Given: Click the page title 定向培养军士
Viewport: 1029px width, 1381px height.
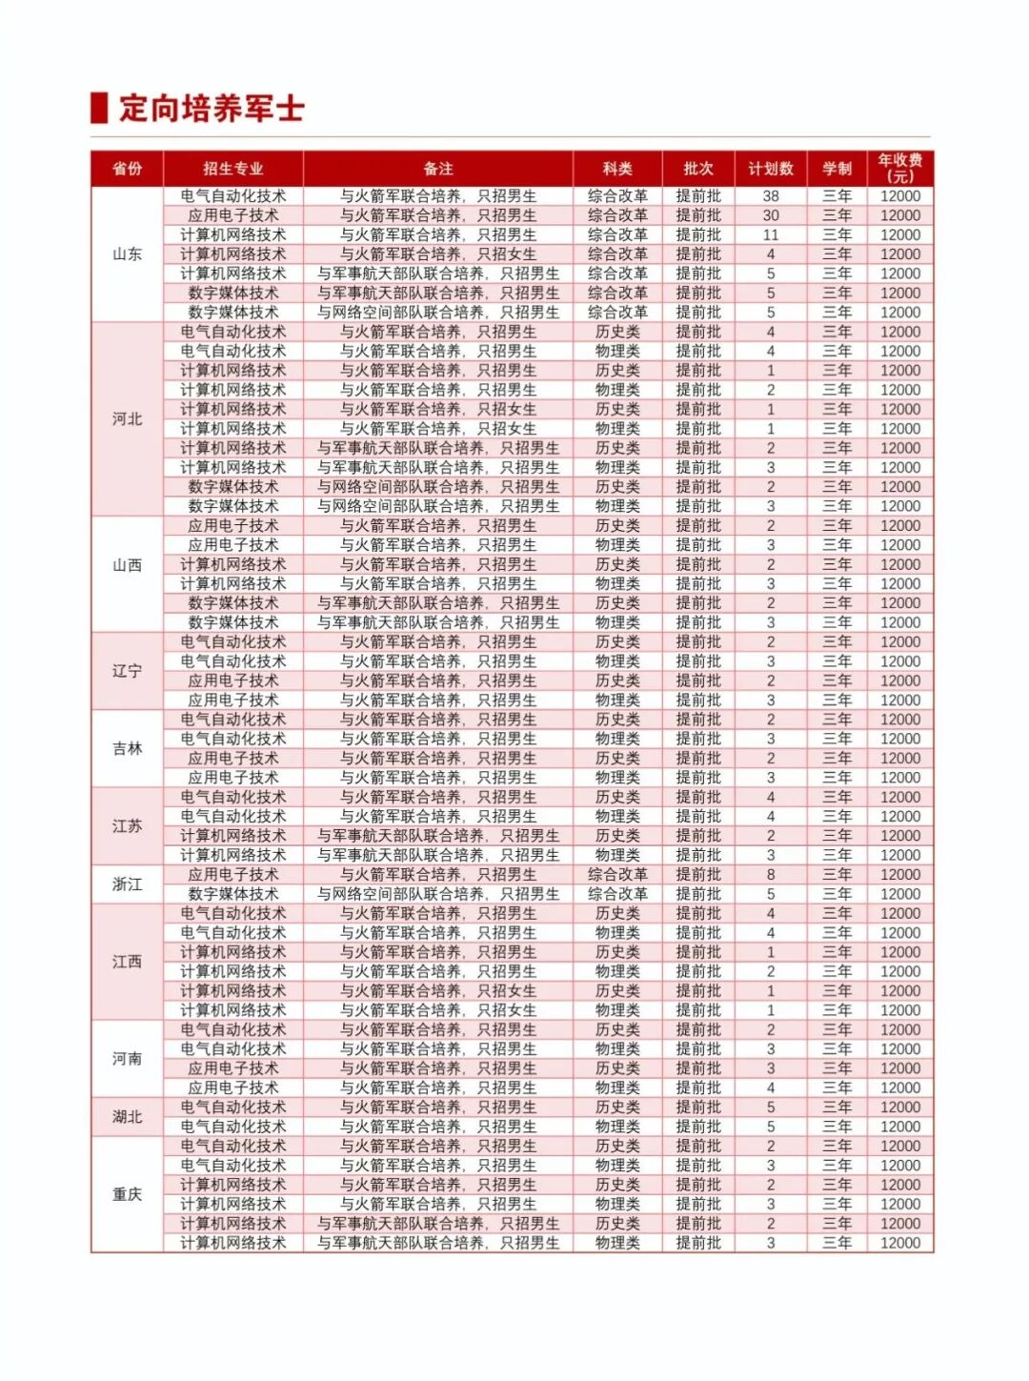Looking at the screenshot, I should click(x=212, y=108).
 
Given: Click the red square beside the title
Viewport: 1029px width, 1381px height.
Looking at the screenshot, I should click(x=99, y=108).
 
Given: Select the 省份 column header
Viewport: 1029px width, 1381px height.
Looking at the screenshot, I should click(x=127, y=169).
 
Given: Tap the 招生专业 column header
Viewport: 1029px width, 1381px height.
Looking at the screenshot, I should click(x=233, y=169).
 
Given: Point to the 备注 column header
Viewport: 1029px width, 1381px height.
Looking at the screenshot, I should click(x=438, y=169).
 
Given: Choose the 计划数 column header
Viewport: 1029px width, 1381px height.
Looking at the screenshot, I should click(x=771, y=169).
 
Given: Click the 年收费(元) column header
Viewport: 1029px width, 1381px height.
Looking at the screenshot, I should click(x=900, y=169).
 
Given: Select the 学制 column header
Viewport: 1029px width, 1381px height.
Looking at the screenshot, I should click(x=837, y=169).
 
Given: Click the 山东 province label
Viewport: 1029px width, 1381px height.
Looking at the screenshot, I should click(x=127, y=254).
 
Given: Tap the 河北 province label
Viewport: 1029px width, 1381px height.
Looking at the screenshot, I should click(x=127, y=419).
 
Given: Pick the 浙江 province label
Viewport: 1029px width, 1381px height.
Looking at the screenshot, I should click(x=127, y=884).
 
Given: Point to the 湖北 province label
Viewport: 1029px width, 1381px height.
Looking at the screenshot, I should click(x=127, y=1117).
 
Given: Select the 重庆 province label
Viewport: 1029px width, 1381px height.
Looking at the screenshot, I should click(x=127, y=1194).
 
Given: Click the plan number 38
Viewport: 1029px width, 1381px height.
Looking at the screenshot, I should click(x=771, y=196).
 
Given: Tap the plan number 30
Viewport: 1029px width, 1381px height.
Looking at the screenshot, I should click(x=771, y=215).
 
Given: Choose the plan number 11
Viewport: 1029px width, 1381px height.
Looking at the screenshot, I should click(x=771, y=234).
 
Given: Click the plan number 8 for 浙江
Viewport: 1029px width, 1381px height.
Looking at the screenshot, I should click(x=771, y=875).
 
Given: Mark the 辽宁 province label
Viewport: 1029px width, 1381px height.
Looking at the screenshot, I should click(x=127, y=671).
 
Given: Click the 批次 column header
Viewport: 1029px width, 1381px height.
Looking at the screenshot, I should click(x=698, y=169).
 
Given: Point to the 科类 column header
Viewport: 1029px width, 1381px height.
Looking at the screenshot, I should click(x=617, y=169).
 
